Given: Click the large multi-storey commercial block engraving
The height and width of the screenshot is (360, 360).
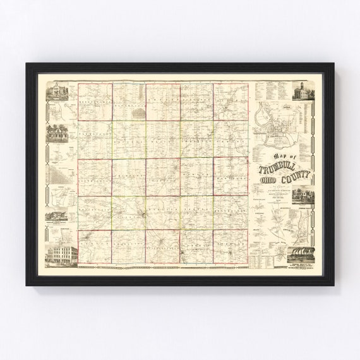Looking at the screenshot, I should pyautogui.click(x=61, y=255).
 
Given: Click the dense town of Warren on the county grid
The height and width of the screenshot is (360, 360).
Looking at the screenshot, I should pyautogui.click(x=146, y=218).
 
